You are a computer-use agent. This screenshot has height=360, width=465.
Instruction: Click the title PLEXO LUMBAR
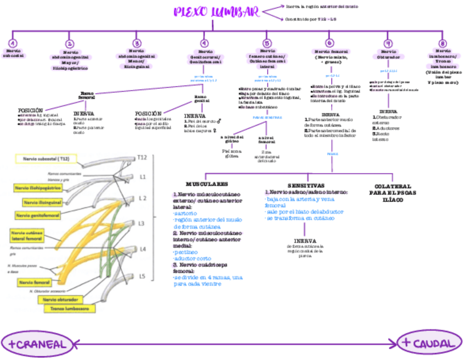click(x=217, y=13)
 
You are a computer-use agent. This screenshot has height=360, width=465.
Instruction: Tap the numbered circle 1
click(x=13, y=43)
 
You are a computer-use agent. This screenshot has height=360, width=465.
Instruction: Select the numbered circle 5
click(x=267, y=43)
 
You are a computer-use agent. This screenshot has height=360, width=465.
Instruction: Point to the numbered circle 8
click(x=443, y=43)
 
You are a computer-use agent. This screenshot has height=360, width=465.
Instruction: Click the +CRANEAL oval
click(x=37, y=344)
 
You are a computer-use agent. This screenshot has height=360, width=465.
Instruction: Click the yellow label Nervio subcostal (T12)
click(x=46, y=159)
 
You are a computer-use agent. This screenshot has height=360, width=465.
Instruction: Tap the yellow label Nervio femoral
click(x=34, y=282)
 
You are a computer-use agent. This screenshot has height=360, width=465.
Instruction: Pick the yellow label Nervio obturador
click(x=60, y=300)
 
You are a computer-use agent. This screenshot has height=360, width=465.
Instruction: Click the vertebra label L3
click(x=141, y=223)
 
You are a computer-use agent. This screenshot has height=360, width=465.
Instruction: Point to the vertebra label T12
click(x=143, y=157)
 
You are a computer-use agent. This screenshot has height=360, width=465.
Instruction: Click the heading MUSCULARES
click(x=207, y=184)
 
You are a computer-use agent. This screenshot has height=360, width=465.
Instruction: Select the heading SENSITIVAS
click(x=306, y=185)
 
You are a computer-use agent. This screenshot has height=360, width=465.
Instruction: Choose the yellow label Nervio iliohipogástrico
click(x=38, y=188)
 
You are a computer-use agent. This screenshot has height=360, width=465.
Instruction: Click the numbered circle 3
click(x=137, y=43)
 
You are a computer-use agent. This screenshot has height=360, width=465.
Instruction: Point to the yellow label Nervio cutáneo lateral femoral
click(x=26, y=236)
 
